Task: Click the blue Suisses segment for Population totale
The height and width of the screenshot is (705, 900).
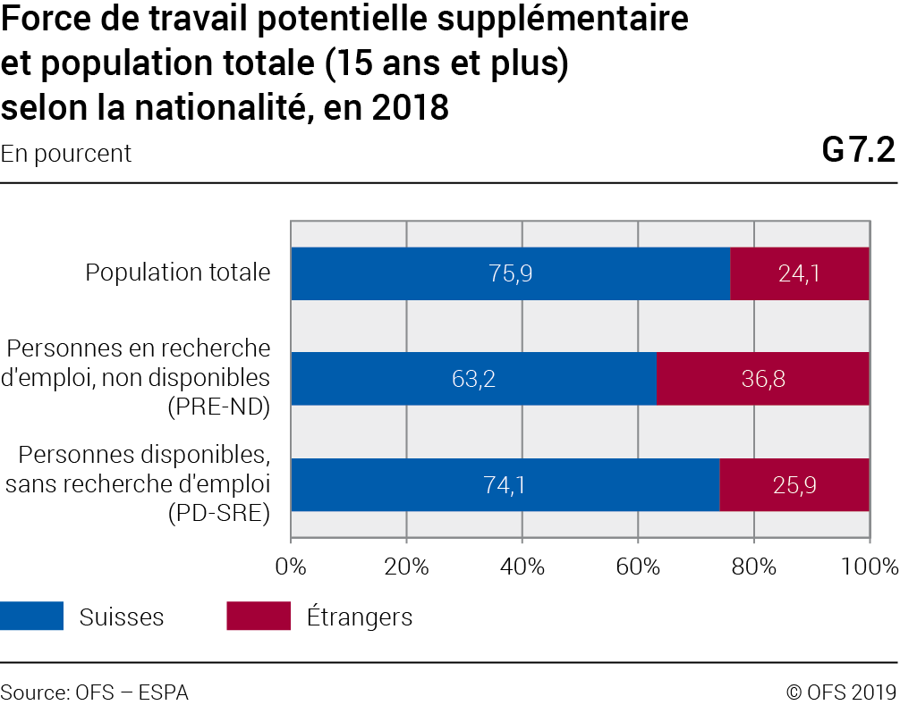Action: pos(510,273)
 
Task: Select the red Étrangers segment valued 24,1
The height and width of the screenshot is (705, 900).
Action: pos(800,273)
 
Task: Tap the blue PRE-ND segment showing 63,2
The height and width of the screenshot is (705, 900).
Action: pos(473,379)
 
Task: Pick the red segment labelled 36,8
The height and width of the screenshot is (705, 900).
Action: pos(763,379)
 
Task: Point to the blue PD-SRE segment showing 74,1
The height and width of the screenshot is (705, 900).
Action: pos(505,485)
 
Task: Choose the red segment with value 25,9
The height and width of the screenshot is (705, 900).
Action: pos(794,485)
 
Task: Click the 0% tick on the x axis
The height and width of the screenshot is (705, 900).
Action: pos(291,566)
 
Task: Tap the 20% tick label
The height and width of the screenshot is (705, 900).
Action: pos(406,566)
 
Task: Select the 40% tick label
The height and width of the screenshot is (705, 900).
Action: pos(522,566)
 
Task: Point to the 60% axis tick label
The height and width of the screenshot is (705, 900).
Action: pos(638,566)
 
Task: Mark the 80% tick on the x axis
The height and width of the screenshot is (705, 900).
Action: pos(753,566)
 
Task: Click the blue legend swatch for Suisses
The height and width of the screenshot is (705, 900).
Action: pos(32,617)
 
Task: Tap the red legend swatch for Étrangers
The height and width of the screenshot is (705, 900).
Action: pos(259,617)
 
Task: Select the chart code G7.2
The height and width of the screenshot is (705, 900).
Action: pos(859,151)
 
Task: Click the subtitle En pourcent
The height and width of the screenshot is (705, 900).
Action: pos(66,154)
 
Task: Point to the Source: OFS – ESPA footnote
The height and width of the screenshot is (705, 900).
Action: pos(95,692)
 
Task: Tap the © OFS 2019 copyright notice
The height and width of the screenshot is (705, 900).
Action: pos(840,692)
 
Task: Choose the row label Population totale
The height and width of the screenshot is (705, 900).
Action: pos(178,273)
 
